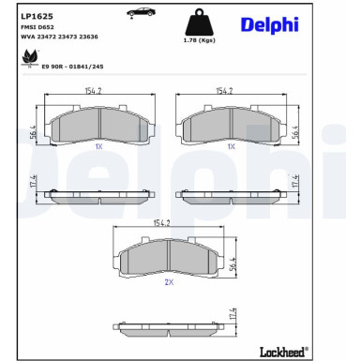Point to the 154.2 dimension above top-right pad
[225, 92]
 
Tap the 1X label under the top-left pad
[98, 148]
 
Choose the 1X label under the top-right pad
[230, 148]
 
